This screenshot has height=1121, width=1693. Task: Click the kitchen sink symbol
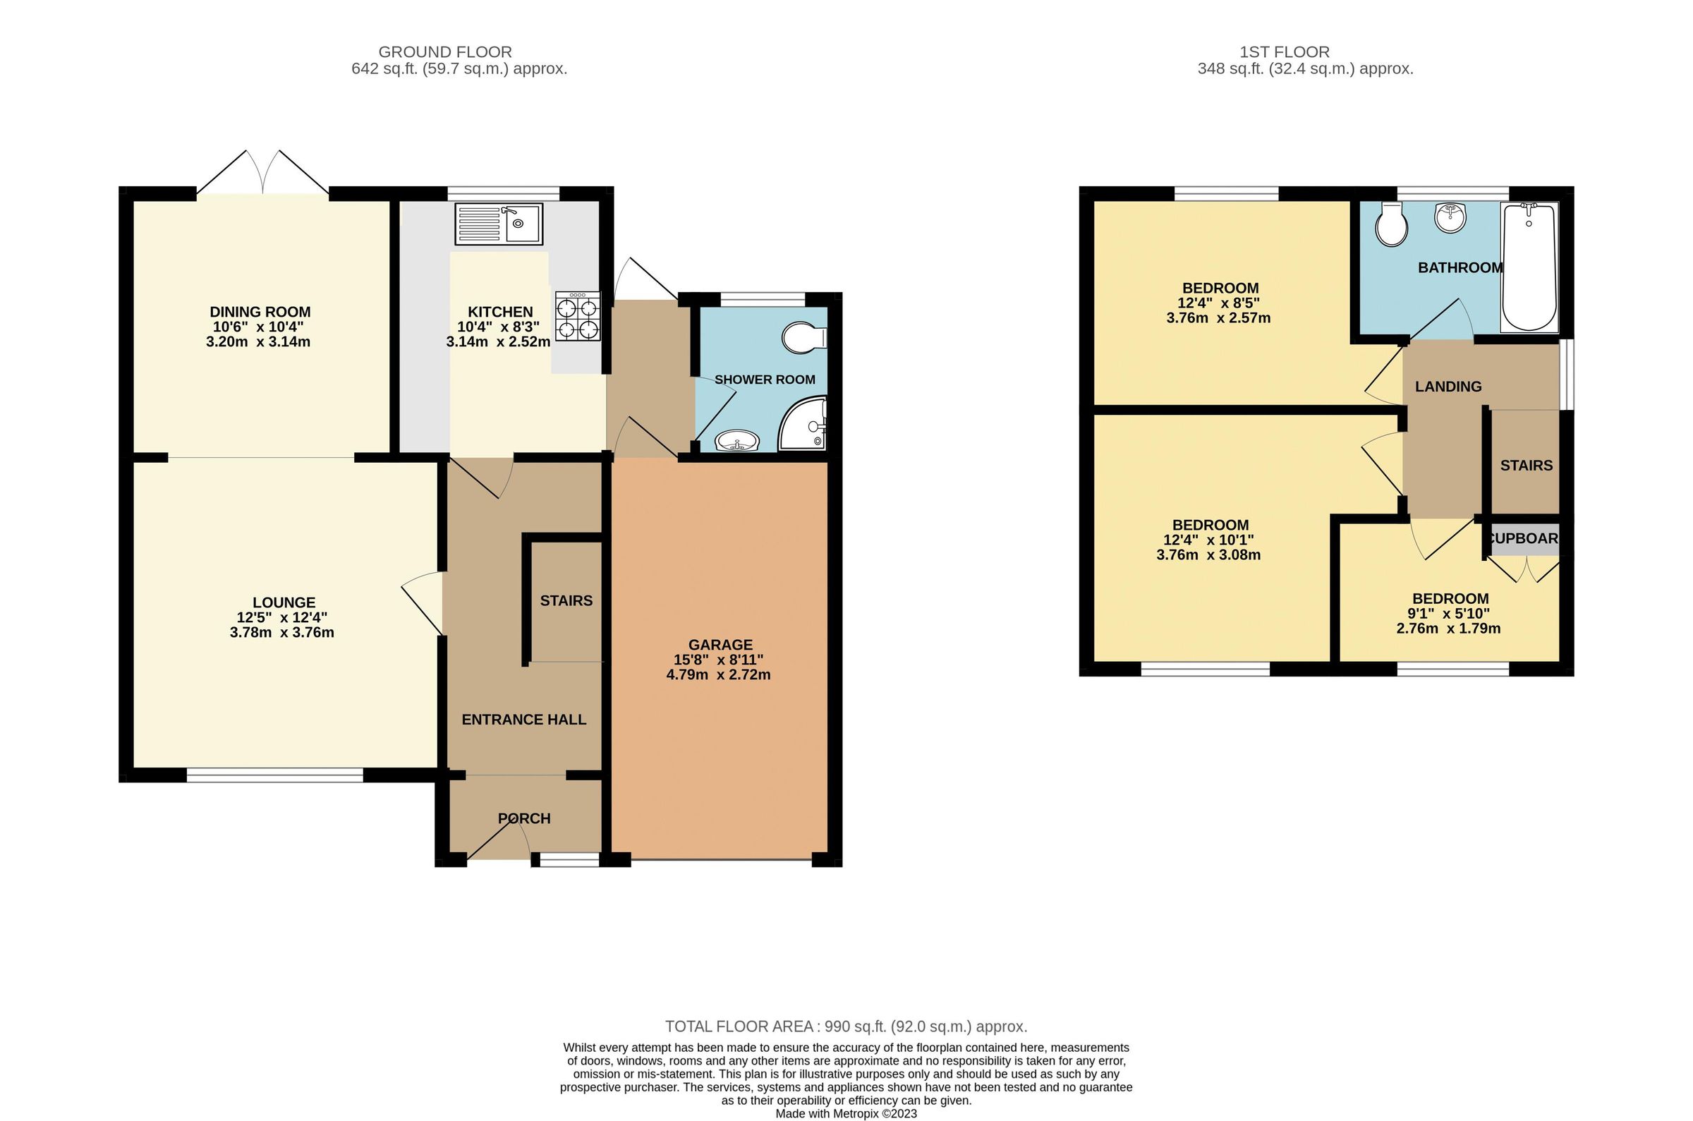coord(499,224)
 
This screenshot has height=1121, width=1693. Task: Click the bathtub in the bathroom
coord(1529,268)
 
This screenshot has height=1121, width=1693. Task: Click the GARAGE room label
coord(720,645)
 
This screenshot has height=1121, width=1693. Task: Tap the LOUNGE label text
coord(284,602)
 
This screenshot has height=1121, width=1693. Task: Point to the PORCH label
coord(524,818)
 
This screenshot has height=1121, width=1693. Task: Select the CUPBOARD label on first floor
coord(1523,538)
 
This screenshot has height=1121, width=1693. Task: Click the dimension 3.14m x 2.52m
coord(498,341)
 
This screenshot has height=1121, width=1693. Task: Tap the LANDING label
coord(1448,387)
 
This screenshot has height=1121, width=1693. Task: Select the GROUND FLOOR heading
coord(444,52)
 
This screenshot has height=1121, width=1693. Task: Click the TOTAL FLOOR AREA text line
coord(845,1026)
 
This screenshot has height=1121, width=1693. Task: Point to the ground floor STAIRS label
coord(566,601)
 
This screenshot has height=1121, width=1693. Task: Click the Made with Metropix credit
coord(845,1113)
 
